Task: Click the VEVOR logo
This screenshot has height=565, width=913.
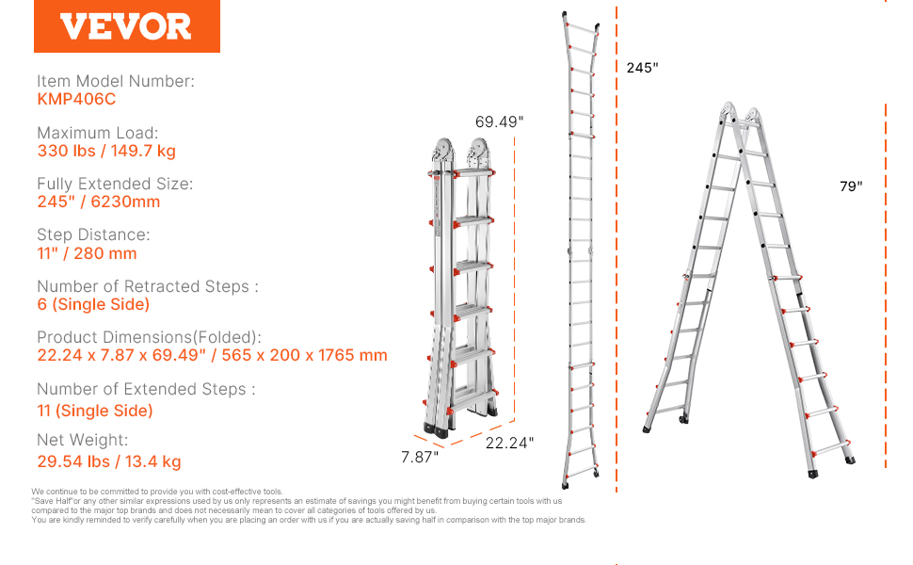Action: (x=126, y=26)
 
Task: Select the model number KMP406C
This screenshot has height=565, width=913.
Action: (x=76, y=99)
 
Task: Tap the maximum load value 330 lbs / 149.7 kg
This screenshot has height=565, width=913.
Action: (x=106, y=151)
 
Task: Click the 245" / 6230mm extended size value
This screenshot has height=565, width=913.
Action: (x=99, y=202)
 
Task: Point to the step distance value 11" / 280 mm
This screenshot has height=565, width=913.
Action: (x=87, y=253)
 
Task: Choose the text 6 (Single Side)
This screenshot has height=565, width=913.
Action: (x=93, y=304)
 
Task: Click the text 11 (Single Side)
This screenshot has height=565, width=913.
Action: (x=95, y=411)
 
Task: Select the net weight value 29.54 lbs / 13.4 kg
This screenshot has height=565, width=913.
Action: (x=109, y=461)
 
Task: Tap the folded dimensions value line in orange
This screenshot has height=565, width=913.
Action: (x=212, y=355)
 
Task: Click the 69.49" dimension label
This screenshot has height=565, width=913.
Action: (x=499, y=121)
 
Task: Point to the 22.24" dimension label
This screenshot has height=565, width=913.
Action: (x=509, y=444)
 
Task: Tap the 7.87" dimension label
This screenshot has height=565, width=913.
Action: (x=419, y=458)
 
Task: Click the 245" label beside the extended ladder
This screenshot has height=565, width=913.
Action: (x=642, y=68)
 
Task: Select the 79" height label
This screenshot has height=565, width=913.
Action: (x=851, y=186)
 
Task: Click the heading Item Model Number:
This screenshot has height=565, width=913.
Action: (x=115, y=81)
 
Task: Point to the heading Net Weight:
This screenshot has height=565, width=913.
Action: (x=82, y=440)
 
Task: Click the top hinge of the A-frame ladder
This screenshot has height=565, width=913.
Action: (x=740, y=113)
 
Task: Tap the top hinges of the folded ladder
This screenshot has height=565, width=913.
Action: (x=460, y=153)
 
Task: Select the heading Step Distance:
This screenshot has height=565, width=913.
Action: (x=93, y=234)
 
